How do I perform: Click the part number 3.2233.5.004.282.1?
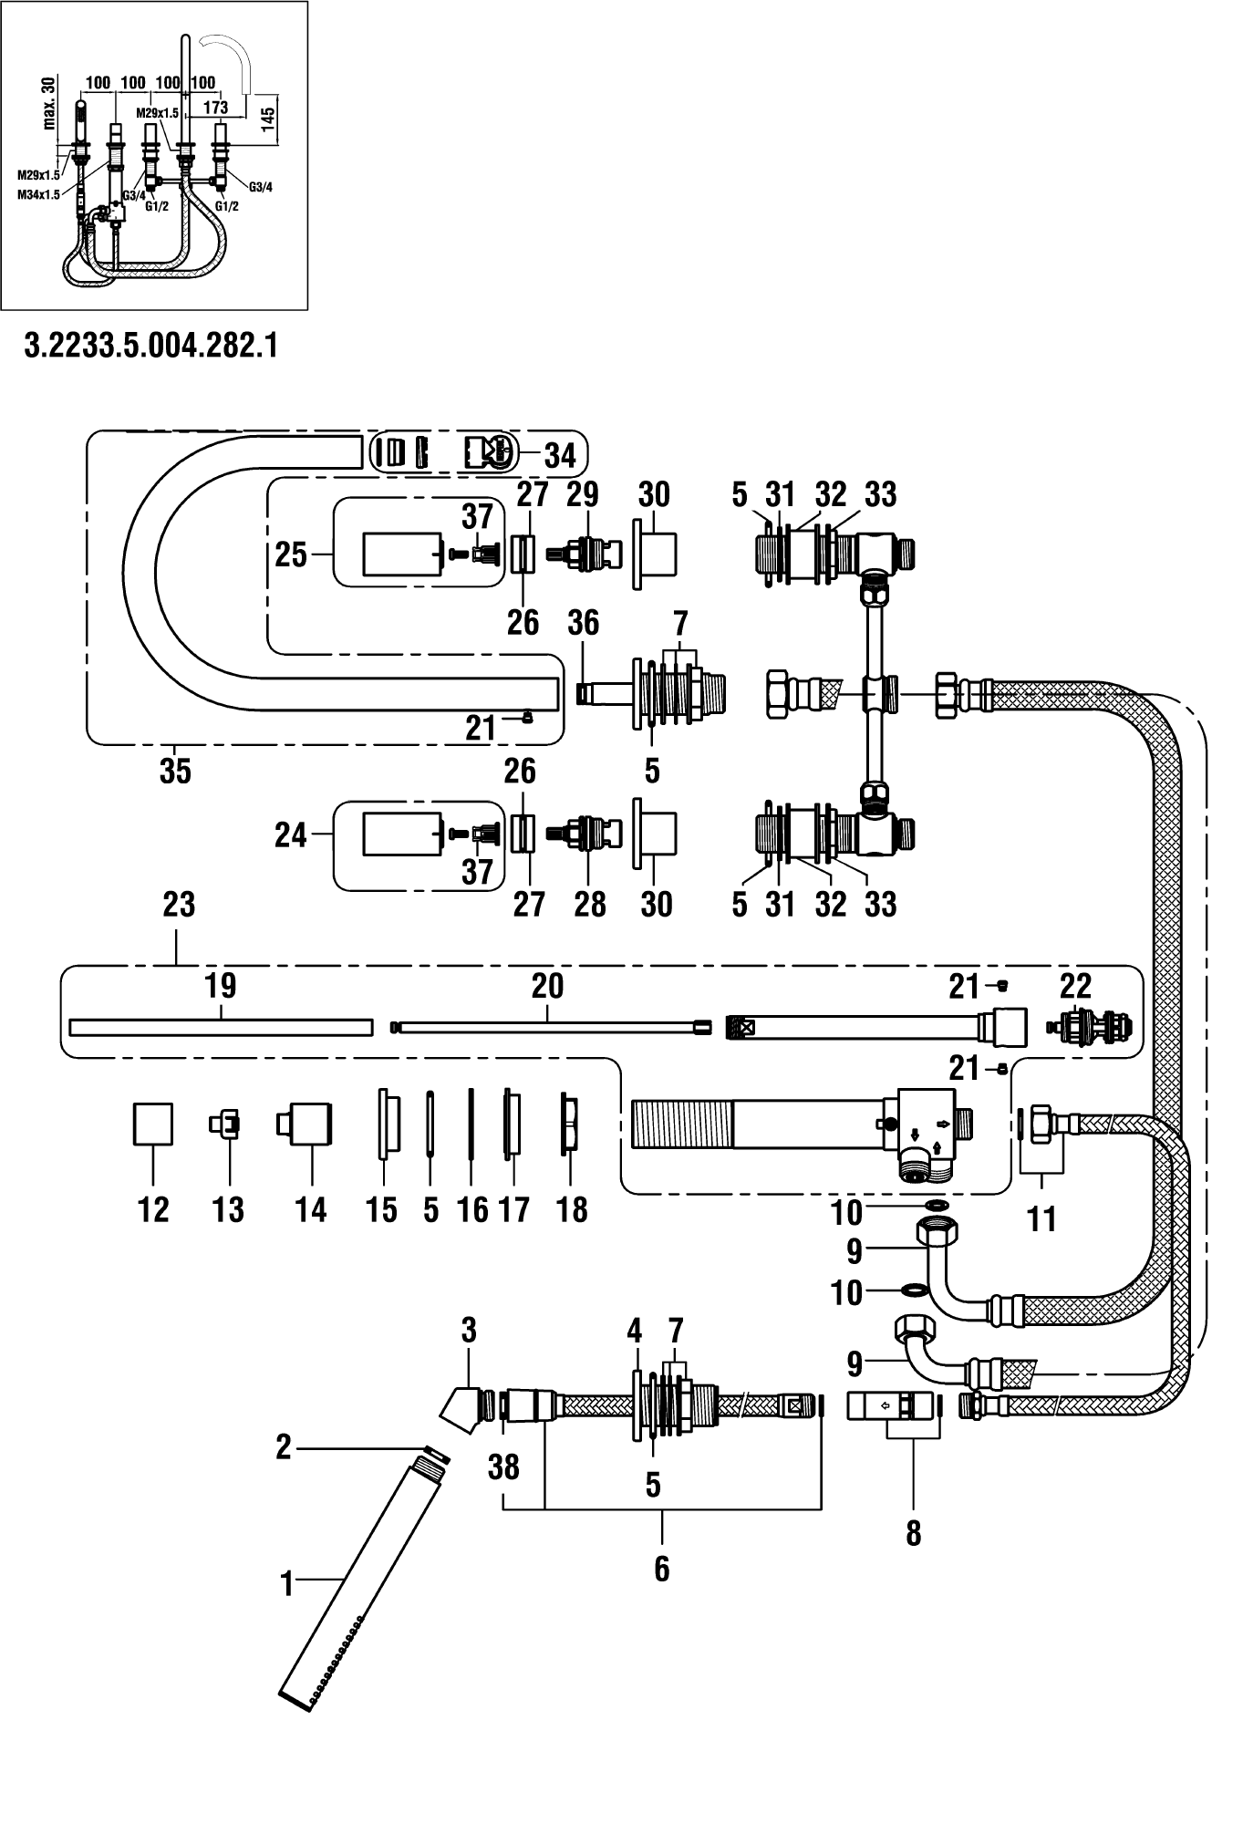150,347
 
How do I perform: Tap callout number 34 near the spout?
561,454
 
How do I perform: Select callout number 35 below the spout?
175,772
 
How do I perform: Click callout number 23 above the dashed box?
179,905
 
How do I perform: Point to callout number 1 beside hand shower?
287,1585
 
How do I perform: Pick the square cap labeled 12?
153,1123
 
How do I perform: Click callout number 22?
1076,987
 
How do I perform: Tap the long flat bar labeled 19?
222,1027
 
